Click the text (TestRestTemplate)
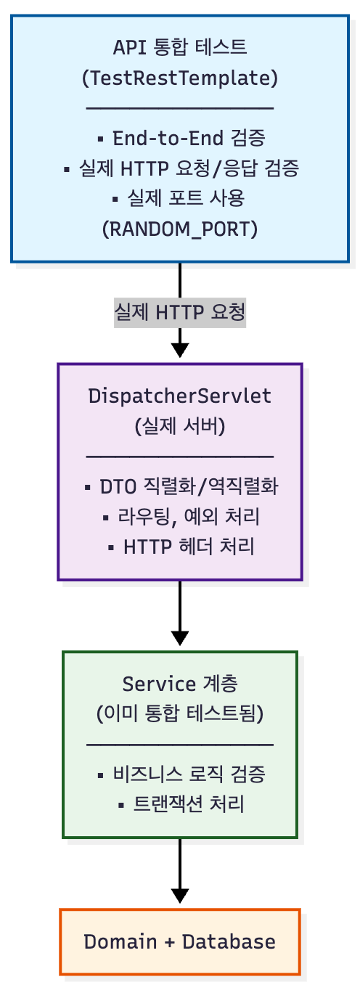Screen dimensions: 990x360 tap(180, 78)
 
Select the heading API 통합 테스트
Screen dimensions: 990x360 tap(180, 47)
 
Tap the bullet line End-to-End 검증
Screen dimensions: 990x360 tap(180, 137)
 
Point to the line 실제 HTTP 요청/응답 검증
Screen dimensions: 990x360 tap(180, 168)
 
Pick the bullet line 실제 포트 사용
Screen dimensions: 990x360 tap(180, 198)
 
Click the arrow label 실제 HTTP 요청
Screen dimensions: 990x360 tap(180, 312)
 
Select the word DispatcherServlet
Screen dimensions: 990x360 tap(180, 396)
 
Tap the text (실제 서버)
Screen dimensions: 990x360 tap(180, 426)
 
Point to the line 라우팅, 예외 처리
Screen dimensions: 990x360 tap(180, 516)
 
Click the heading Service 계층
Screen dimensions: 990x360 tap(180, 683)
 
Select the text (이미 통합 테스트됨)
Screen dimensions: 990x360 tap(180, 713)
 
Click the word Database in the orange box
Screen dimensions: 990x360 tap(229, 941)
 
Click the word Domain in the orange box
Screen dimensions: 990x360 tap(120, 941)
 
